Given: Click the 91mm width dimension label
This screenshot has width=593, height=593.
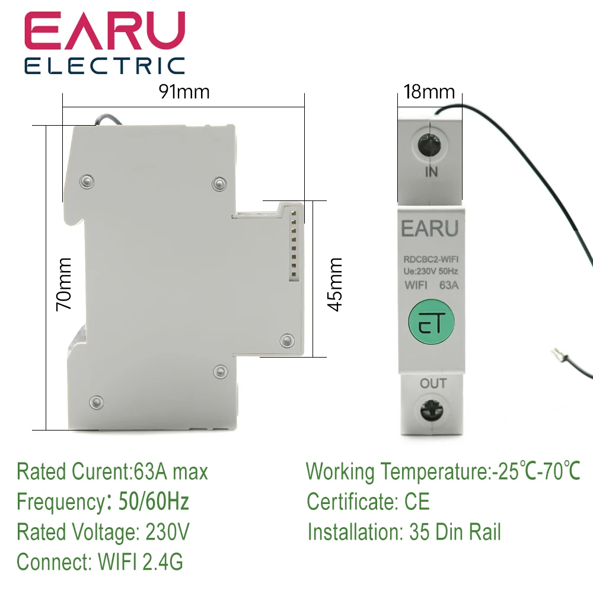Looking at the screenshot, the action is point(184,92).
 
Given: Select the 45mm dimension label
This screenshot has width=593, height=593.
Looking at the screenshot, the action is point(336,284).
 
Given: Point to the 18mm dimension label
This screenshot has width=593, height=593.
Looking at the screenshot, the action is point(429,92).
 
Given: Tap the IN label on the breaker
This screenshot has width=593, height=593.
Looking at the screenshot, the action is point(431,172).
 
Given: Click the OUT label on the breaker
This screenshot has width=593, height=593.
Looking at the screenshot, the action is point(433,384).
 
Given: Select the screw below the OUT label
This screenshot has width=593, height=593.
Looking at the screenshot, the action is point(431,411).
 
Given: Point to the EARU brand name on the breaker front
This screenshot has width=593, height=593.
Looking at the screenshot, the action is point(431,229).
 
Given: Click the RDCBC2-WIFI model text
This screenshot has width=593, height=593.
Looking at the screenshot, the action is point(431,258).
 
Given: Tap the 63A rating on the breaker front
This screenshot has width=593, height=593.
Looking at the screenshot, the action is point(449,284).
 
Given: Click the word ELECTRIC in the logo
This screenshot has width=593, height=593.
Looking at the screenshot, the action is point(104,65).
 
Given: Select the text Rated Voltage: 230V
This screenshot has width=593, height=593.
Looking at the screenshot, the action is point(103,532).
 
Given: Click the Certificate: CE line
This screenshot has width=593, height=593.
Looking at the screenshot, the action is point(368,502).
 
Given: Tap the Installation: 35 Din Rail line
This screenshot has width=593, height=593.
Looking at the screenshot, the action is point(404,532).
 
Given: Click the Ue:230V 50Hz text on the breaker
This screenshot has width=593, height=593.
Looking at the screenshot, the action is point(431,271).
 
